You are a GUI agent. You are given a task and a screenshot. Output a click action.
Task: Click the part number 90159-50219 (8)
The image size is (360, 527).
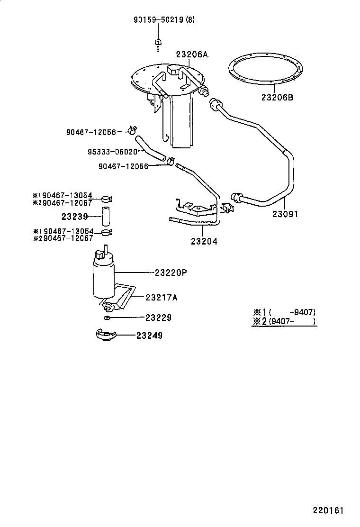163,20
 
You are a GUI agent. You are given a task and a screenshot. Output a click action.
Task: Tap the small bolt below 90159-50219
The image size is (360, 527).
157,44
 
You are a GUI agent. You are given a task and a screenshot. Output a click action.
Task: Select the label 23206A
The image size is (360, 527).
192,55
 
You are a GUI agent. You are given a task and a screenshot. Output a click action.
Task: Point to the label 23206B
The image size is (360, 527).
277,98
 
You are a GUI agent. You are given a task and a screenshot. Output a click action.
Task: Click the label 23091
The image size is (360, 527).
285,214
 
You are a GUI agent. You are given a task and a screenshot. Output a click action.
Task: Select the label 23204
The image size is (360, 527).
204,241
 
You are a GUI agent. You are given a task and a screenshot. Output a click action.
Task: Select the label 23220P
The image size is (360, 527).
171,273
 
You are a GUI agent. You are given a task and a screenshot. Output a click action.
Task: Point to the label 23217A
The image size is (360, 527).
162,297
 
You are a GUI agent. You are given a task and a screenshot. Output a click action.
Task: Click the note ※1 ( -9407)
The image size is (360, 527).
284,312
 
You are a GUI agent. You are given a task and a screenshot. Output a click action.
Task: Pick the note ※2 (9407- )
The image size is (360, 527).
284,322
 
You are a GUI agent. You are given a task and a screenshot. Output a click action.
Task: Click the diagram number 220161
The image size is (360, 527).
327,511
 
